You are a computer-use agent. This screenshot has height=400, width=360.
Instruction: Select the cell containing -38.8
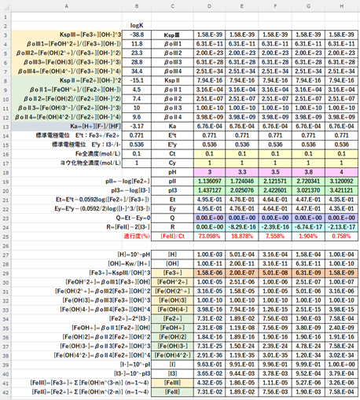[138, 35]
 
